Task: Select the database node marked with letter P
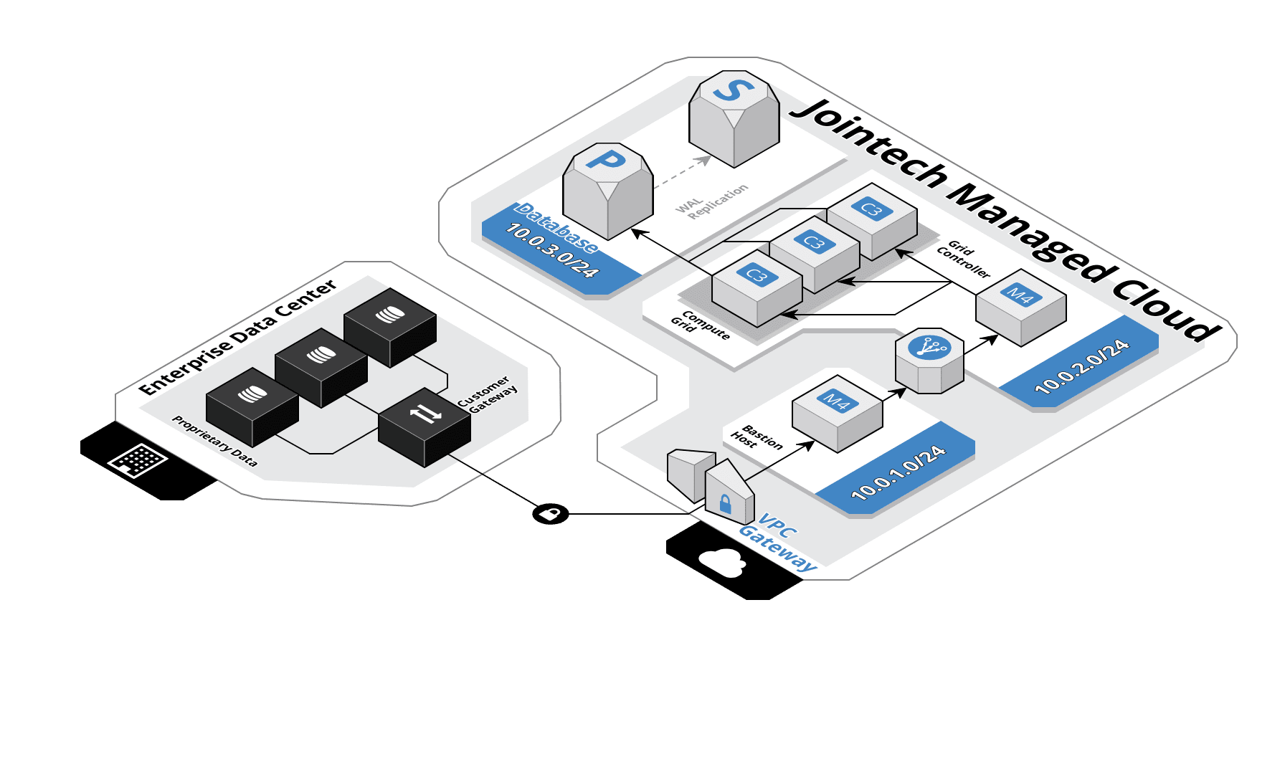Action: click(x=608, y=190)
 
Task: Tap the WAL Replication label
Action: click(x=711, y=201)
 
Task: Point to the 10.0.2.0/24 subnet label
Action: click(x=1082, y=367)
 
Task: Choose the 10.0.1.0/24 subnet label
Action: click(x=898, y=472)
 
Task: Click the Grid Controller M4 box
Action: click(x=1020, y=307)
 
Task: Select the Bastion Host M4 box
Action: click(x=837, y=413)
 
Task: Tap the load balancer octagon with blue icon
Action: click(x=929, y=361)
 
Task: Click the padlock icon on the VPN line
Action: click(x=550, y=513)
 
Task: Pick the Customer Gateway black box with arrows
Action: click(x=425, y=427)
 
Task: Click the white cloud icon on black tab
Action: click(x=722, y=563)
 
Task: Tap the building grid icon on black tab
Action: click(x=137, y=459)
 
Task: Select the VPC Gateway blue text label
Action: click(x=777, y=542)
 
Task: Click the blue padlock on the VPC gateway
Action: click(x=725, y=503)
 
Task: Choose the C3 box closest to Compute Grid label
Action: click(x=757, y=287)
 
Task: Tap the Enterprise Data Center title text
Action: click(x=237, y=338)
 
